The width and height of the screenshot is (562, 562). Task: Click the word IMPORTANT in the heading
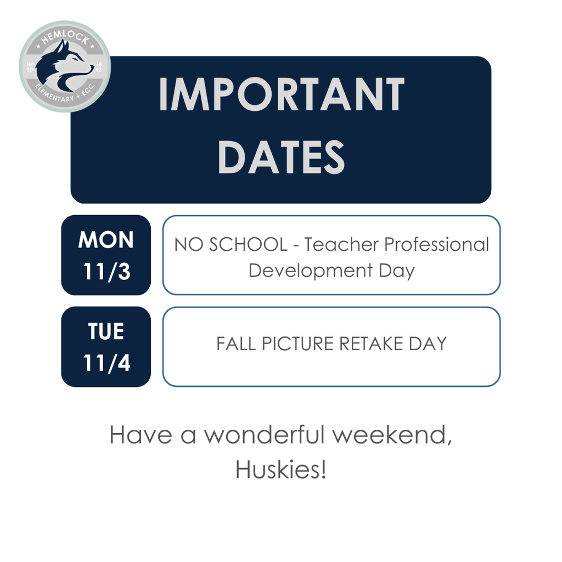pyautogui.click(x=281, y=95)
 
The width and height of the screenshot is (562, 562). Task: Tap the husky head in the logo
pyautogui.click(x=65, y=65)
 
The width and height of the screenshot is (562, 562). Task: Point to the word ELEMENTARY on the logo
pyautogui.click(x=53, y=94)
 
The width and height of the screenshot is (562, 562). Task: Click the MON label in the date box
pyautogui.click(x=106, y=240)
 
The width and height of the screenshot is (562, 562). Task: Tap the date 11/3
pyautogui.click(x=106, y=271)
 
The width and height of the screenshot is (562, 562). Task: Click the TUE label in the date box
pyautogui.click(x=106, y=331)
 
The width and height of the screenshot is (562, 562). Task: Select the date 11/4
pyautogui.click(x=106, y=363)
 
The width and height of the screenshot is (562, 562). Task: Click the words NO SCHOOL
pyautogui.click(x=231, y=245)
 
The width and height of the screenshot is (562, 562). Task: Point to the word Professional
pyautogui.click(x=436, y=245)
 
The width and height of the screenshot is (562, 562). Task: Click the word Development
pyautogui.click(x=311, y=271)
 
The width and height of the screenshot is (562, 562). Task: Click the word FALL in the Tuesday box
pyautogui.click(x=236, y=344)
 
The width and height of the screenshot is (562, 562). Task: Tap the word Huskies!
pyautogui.click(x=280, y=470)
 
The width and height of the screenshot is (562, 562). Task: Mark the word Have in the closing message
pyautogui.click(x=135, y=435)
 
